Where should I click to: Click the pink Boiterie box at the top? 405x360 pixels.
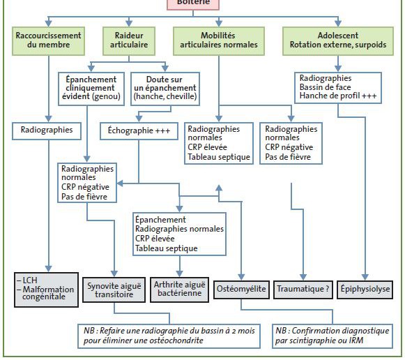[193, 5]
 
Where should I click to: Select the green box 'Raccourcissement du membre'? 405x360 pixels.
[48, 41]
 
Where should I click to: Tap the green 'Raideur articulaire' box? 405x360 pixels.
[129, 41]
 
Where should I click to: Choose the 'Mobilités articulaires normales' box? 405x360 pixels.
[219, 41]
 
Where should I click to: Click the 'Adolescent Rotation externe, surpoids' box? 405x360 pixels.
[338, 41]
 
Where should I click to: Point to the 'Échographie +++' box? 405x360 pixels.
[139, 131]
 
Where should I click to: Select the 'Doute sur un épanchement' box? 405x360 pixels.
[165, 89]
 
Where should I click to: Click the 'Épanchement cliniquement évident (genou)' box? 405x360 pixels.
[91, 89]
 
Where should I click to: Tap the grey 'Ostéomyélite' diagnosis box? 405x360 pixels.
[241, 290]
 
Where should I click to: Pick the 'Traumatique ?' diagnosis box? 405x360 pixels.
[303, 290]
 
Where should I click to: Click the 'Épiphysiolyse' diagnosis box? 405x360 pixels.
[365, 290]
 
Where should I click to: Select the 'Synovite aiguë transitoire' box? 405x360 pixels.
[114, 290]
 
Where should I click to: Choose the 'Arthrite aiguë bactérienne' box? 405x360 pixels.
[180, 290]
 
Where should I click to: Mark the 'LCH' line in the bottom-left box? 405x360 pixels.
[27, 280]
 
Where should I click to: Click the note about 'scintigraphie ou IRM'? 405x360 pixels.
[333, 336]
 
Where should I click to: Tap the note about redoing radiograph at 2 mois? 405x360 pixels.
[169, 336]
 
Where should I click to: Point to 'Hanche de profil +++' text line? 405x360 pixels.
[338, 96]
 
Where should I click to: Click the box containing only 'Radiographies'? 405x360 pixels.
[47, 131]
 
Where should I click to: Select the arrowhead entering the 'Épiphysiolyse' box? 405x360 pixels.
[365, 277]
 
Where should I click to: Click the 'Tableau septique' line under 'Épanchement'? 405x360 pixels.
[167, 248]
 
